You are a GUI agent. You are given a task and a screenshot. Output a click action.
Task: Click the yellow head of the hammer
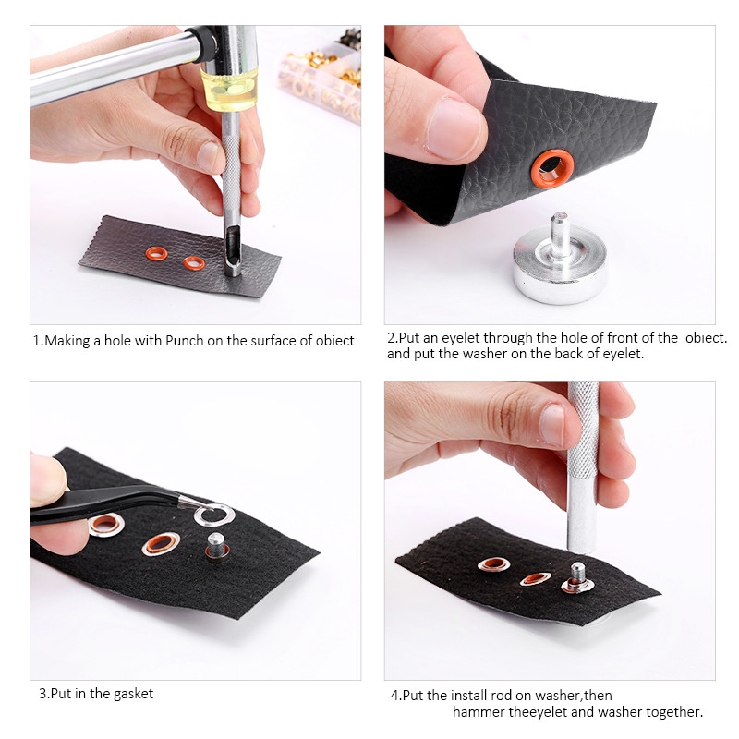[x=229, y=89]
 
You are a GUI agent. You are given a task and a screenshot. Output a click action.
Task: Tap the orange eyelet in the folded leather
[x=552, y=169]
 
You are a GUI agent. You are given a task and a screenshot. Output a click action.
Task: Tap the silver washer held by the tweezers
[x=214, y=515]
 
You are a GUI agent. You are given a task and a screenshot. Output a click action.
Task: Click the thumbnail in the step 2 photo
[x=454, y=128]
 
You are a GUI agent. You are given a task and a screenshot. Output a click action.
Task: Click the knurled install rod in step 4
[x=582, y=466]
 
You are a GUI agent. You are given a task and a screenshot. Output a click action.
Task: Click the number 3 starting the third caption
[x=42, y=694]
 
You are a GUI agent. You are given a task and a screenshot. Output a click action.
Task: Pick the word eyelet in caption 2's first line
[x=461, y=338]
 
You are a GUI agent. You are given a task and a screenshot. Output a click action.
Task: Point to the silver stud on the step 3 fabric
[x=216, y=546]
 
